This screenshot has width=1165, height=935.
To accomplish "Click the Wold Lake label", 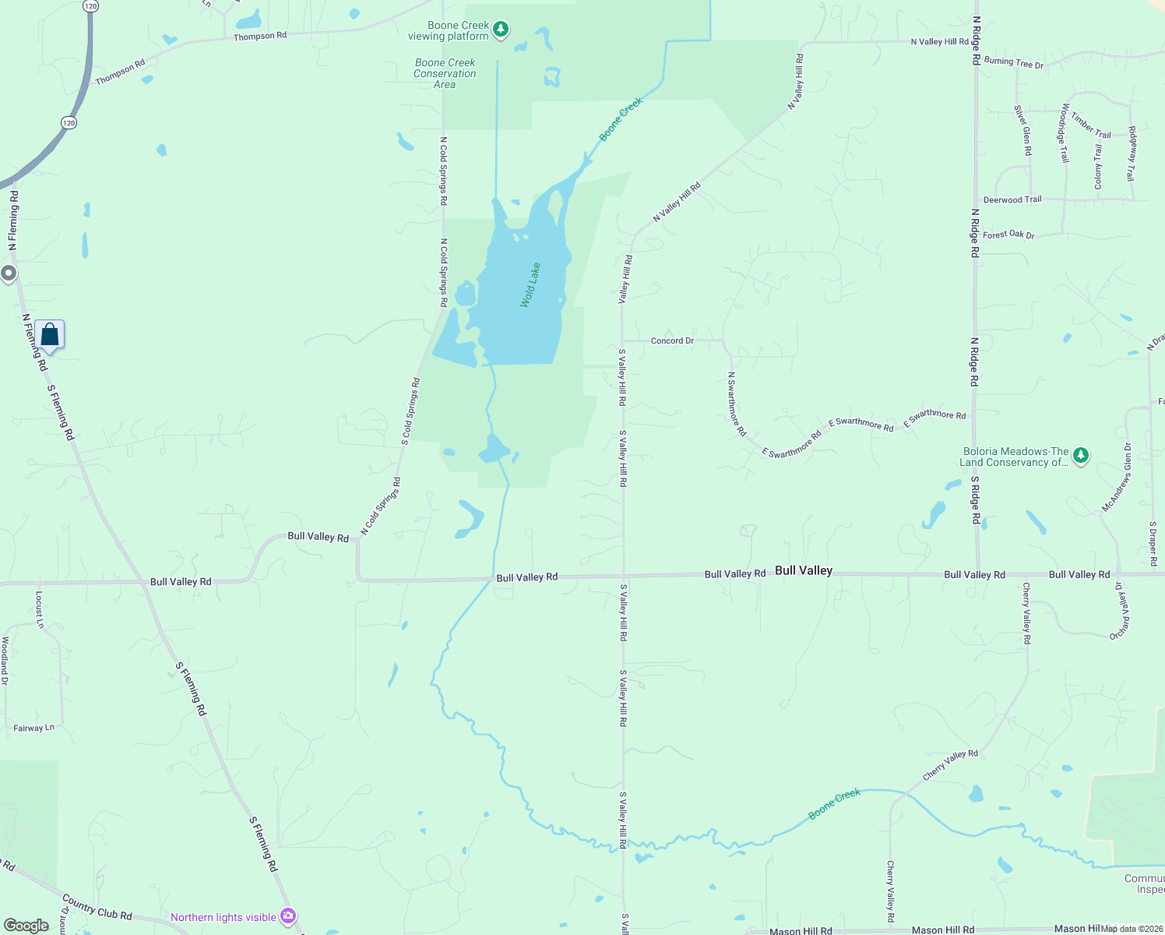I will [x=530, y=285].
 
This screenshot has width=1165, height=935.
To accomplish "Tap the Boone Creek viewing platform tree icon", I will [x=502, y=30].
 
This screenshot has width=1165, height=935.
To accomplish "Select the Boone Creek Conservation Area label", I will [x=445, y=73].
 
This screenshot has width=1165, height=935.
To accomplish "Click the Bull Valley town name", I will [x=804, y=570].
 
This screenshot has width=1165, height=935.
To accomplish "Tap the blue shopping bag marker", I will [x=50, y=335].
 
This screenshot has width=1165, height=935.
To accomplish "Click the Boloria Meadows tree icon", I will [x=1080, y=456].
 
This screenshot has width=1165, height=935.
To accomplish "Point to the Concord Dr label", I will [x=672, y=340].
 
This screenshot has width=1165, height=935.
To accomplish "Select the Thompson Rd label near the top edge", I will [x=260, y=36].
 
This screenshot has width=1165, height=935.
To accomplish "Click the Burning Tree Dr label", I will [x=1013, y=62].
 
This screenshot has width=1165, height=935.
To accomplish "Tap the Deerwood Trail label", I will [x=1012, y=199].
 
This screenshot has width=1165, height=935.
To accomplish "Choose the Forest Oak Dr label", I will [x=1008, y=235].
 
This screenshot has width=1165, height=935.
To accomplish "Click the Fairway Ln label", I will [x=34, y=728].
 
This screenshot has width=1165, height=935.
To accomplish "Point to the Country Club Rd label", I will [x=97, y=908].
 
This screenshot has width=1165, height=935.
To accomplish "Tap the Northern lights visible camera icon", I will [x=288, y=916].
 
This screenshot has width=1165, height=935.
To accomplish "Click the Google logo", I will [x=26, y=926].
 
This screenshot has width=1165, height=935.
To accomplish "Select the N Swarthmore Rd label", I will [x=736, y=404].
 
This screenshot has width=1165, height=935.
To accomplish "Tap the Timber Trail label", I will [x=1091, y=125].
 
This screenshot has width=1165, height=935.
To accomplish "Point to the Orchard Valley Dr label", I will [x=1120, y=611].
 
